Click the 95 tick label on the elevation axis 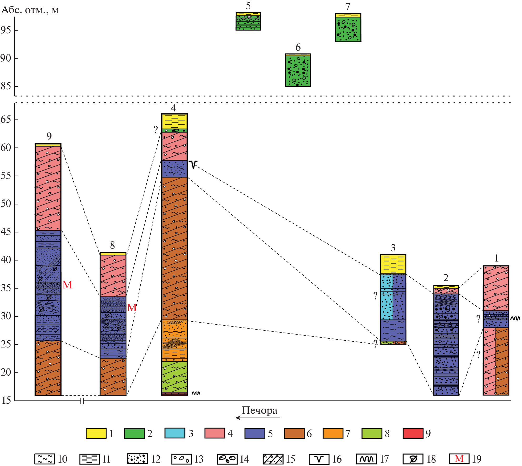pos(6,30)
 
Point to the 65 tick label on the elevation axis pos(6,120)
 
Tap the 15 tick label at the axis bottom pos(6,400)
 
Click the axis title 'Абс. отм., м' pos(30,10)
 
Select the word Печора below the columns pos(259,410)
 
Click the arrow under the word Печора pos(257,418)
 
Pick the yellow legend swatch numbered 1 pos(96,433)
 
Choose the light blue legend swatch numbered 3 pos(175,433)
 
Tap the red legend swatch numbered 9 pos(413,433)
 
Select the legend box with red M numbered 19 pos(459,459)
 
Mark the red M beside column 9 pos(67,285)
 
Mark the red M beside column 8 pos(132,308)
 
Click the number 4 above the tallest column pos(174,108)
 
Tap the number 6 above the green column pos(298,48)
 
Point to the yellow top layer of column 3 pos(393,264)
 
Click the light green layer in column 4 pos(174,376)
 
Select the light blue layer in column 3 pos(386,297)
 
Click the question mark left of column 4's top pos(156,129)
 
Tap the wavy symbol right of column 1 pos(515,319)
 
